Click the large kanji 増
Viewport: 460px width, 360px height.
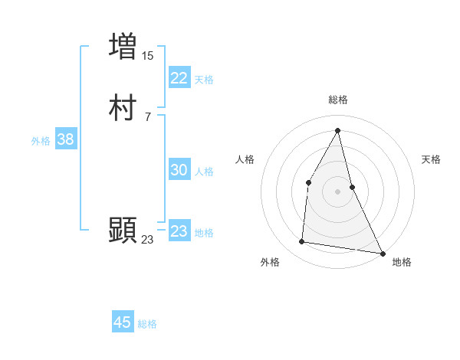(123, 46)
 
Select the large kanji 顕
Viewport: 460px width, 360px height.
(123, 230)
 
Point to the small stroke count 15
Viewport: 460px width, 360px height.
(148, 55)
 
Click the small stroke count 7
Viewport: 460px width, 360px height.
(147, 116)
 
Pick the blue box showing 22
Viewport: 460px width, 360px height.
(179, 78)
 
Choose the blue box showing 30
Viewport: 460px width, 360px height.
(179, 171)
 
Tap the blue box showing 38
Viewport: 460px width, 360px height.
(65, 140)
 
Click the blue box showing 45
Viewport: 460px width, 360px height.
(123, 322)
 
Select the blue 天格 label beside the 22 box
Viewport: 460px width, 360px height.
(204, 80)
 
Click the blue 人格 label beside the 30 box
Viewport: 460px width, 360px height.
(204, 172)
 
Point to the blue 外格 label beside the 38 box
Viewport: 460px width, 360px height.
(41, 141)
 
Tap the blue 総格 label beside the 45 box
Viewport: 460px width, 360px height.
(147, 324)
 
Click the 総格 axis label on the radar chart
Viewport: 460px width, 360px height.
(338, 100)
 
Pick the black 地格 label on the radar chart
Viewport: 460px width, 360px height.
(402, 262)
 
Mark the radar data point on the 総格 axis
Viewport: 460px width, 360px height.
(337, 130)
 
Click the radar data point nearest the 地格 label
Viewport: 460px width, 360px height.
(383, 253)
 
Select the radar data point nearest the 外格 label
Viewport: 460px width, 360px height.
(302, 242)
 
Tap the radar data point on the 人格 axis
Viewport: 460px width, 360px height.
(308, 182)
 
